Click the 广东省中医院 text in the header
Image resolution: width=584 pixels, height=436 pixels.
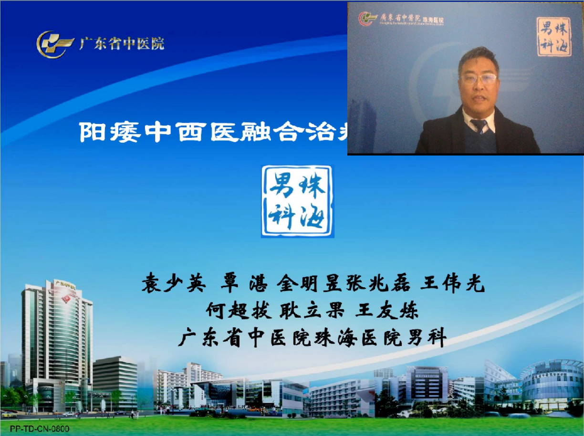click(122, 44)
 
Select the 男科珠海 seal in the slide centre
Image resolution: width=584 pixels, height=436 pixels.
click(297, 201)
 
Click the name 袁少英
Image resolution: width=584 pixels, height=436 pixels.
click(174, 285)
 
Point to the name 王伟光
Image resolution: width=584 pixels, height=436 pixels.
click(452, 285)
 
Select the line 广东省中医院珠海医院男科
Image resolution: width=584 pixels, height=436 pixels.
click(313, 338)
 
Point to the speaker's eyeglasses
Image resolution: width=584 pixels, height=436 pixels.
click(479, 79)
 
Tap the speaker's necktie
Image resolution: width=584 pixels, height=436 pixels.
click(479, 126)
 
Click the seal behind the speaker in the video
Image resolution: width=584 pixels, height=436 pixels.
click(553, 37)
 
